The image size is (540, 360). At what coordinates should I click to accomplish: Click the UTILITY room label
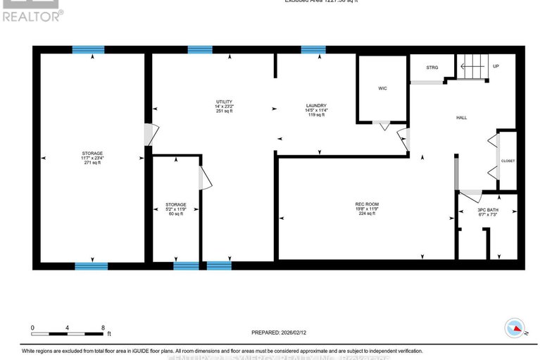tap(224, 101)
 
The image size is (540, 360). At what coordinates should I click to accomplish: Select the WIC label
tap(382, 88)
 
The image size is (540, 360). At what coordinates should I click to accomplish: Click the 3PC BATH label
tap(487, 209)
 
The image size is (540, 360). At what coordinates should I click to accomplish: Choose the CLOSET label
tap(508, 161)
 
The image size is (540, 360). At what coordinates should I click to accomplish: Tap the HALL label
tap(462, 118)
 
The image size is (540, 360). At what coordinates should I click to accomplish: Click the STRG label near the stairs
tap(432, 68)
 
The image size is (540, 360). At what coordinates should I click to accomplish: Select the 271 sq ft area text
tap(92, 163)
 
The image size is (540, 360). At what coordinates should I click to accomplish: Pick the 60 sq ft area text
tap(175, 213)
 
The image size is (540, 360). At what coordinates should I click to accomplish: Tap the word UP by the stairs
tap(496, 66)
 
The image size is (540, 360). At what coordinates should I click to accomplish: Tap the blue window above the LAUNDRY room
tap(313, 49)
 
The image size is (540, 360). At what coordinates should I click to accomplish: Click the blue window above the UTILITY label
tap(200, 49)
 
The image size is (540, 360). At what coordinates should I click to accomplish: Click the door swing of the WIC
tap(383, 127)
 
